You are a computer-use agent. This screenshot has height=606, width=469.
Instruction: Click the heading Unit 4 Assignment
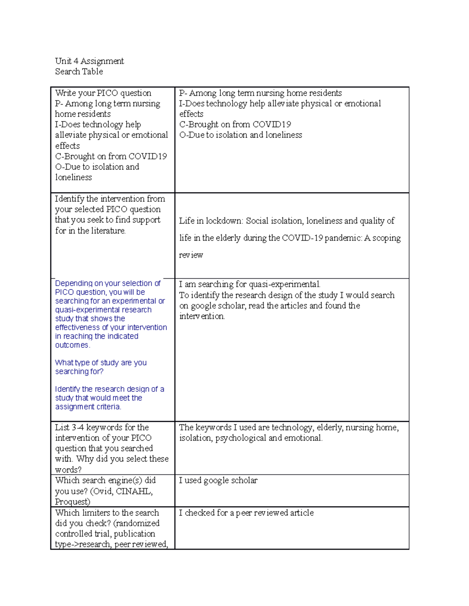coord(89,61)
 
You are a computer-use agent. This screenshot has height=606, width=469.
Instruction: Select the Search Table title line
coord(79,71)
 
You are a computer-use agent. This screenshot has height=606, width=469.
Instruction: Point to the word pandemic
coord(343,238)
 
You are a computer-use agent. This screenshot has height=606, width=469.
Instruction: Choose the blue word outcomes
coord(72,345)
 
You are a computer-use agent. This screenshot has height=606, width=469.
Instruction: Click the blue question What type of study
coord(100,363)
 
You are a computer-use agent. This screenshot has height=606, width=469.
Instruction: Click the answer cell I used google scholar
coord(218,480)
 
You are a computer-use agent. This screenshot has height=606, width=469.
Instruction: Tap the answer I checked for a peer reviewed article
coord(246,513)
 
